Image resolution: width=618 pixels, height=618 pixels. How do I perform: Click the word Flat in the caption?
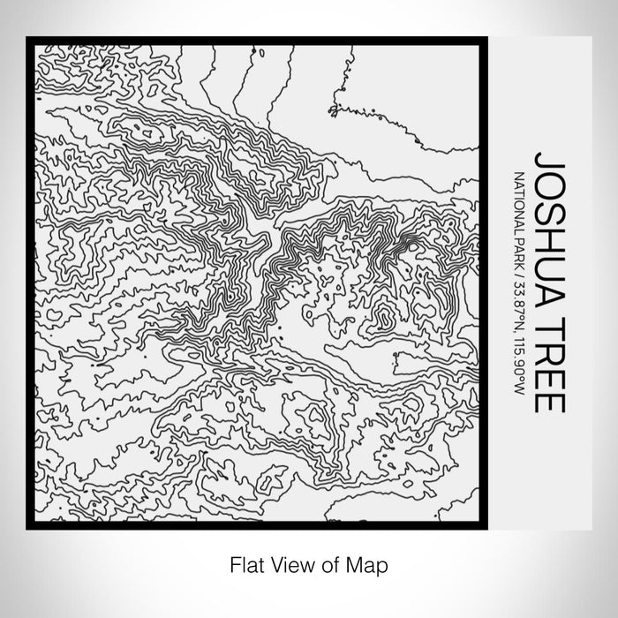click(245, 562)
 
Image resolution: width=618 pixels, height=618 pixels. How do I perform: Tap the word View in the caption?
click(289, 562)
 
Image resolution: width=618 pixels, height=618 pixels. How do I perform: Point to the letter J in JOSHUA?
click(548, 164)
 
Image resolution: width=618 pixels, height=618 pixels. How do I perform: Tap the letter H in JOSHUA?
click(548, 240)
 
